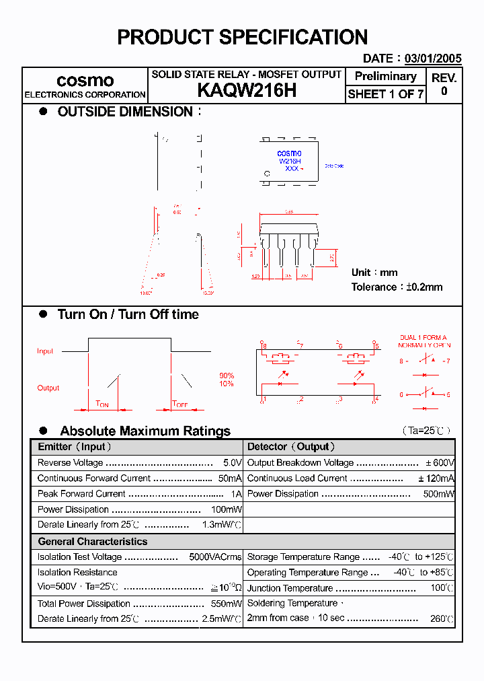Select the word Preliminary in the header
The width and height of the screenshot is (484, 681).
click(x=385, y=77)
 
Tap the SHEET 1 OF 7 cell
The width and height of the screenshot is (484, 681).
click(x=385, y=94)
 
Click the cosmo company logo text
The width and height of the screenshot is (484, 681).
click(x=85, y=81)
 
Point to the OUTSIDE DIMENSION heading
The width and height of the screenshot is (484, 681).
click(x=125, y=112)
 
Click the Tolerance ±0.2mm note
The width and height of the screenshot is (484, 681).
click(x=397, y=287)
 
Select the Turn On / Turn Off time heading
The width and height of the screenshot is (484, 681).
click(x=128, y=314)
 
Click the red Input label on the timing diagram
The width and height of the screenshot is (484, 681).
click(x=45, y=351)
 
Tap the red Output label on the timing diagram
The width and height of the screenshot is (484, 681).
click(x=48, y=388)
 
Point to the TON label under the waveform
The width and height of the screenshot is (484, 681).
click(x=102, y=404)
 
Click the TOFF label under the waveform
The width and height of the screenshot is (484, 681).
click(x=179, y=404)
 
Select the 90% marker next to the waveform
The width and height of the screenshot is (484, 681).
click(x=227, y=375)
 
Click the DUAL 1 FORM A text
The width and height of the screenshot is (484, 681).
click(x=423, y=338)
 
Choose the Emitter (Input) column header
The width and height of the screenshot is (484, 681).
click(x=75, y=447)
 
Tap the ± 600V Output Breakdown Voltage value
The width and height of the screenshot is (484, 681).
click(x=440, y=463)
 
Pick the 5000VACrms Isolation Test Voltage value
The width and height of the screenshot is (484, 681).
click(x=215, y=557)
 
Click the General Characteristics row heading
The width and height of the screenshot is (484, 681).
click(x=92, y=542)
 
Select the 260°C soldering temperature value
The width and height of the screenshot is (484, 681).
click(x=442, y=618)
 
